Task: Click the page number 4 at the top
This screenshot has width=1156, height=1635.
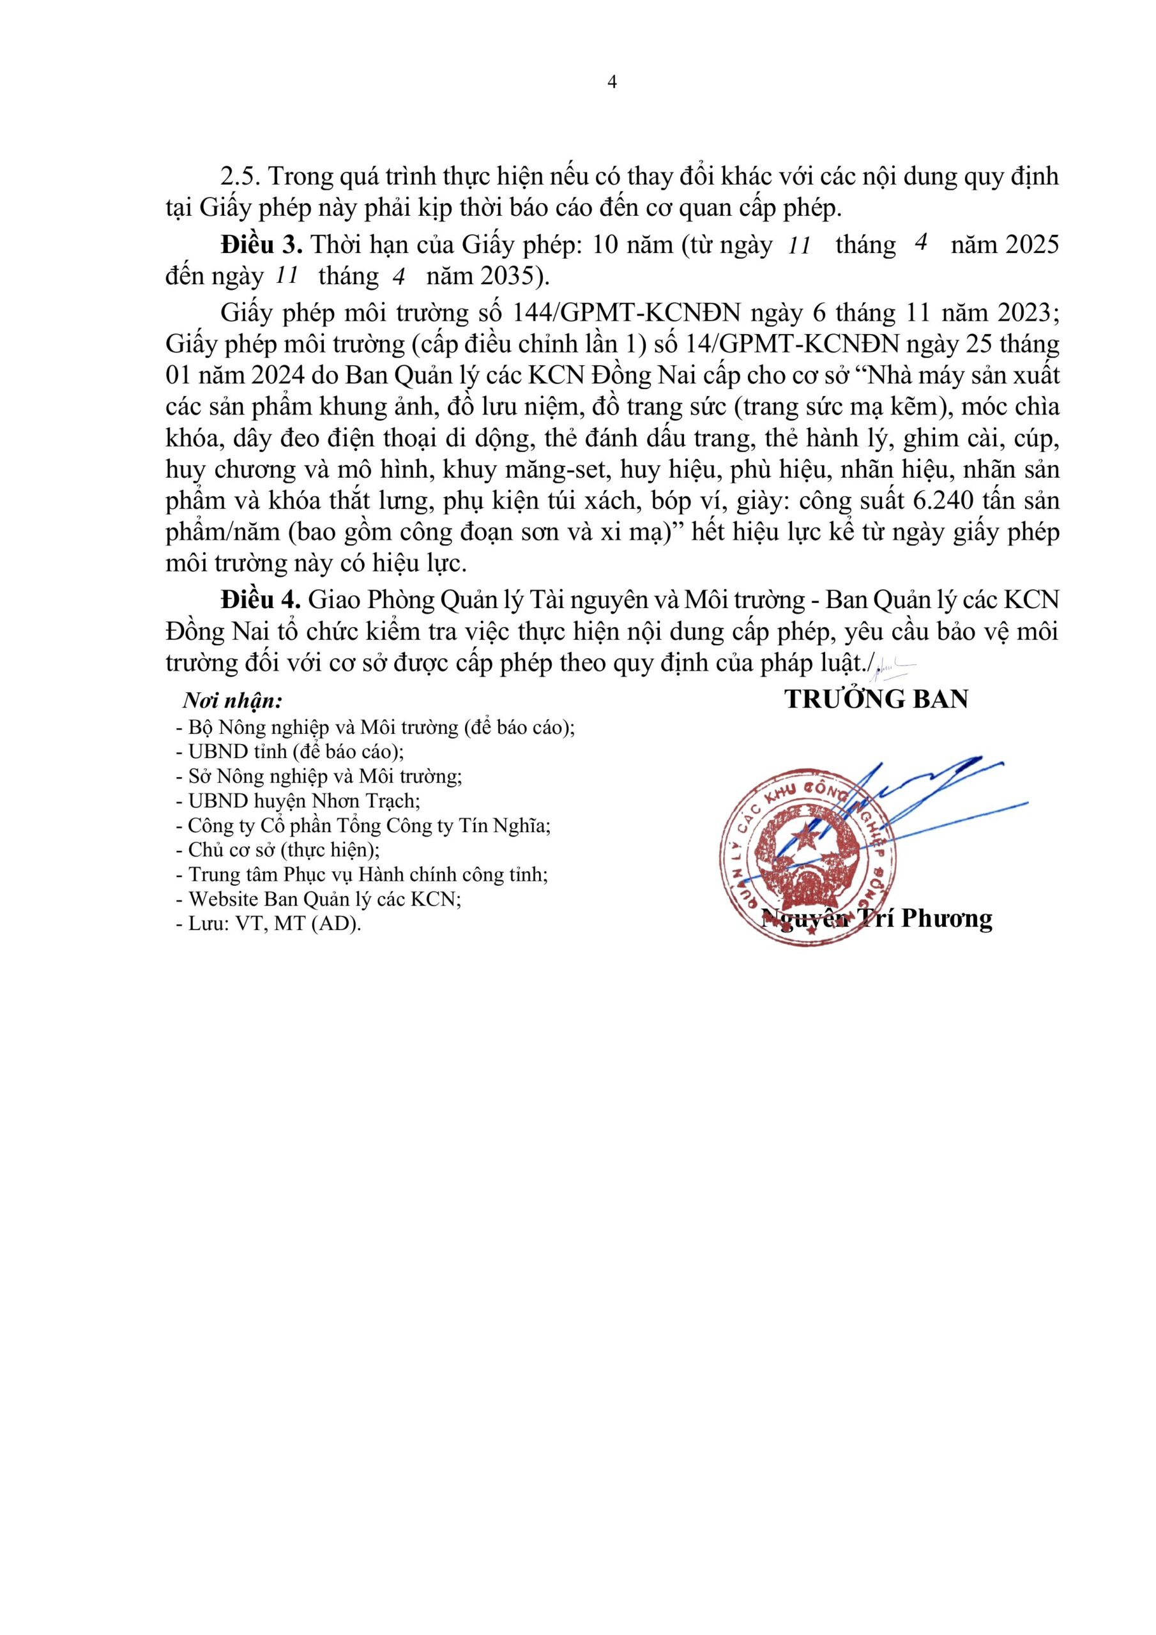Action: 612,82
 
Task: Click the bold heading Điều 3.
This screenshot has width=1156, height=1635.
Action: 261,245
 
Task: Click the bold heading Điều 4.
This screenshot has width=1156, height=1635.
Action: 261,600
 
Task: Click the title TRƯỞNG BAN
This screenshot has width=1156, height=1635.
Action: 876,699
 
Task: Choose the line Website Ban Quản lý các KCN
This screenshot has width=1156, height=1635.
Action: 319,899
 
